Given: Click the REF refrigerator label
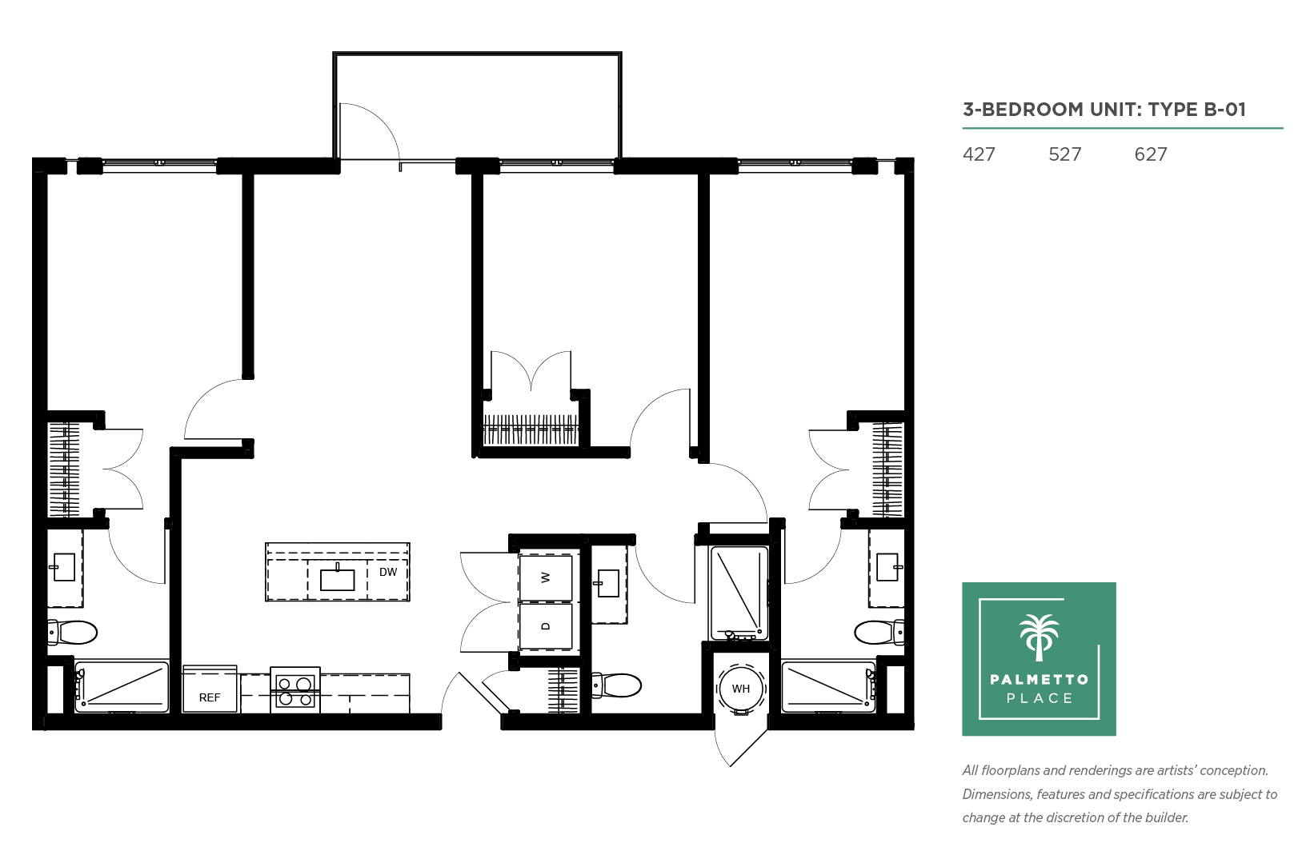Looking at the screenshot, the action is (x=210, y=697).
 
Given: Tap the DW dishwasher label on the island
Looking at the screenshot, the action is (x=388, y=573).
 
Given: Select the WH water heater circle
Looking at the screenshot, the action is (x=740, y=689).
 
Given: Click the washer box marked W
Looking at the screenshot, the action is (x=546, y=577).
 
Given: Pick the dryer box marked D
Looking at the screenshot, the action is (x=546, y=626).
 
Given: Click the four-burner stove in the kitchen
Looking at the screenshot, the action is (x=295, y=690).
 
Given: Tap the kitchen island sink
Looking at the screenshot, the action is (x=338, y=579).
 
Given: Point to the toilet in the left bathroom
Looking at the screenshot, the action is (x=73, y=632).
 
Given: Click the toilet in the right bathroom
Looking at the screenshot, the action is (x=879, y=632).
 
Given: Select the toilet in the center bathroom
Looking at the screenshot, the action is (x=616, y=685).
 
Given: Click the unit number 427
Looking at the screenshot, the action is (x=979, y=154).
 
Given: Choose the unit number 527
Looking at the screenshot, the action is (x=1065, y=154).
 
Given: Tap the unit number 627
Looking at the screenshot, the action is (x=1151, y=154).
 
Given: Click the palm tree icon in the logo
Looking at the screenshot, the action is (x=1039, y=637).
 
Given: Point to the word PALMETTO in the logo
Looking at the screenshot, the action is (x=1039, y=679).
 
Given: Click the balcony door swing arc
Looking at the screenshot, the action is (x=382, y=120).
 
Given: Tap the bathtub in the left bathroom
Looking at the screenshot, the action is (x=122, y=687).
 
